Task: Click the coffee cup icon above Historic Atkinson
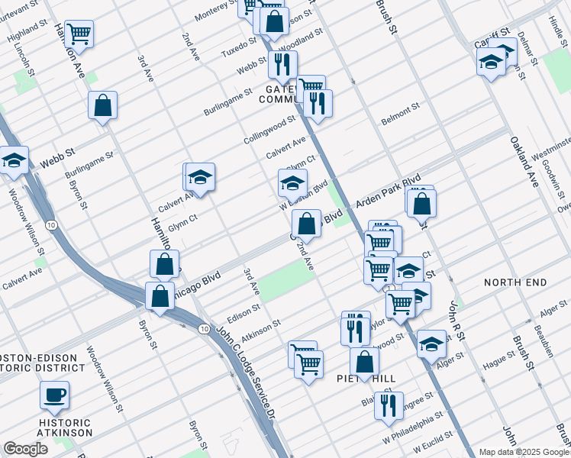(54, 395)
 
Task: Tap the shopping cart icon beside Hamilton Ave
(79, 34)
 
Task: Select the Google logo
(25, 449)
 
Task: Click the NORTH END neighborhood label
(515, 282)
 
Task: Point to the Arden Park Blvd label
(389, 195)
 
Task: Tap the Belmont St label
(401, 114)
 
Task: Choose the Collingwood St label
(269, 131)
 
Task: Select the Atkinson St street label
(261, 330)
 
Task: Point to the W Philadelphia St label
(417, 429)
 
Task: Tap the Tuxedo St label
(239, 47)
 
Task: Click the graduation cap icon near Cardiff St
(491, 61)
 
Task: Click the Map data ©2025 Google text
(524, 452)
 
